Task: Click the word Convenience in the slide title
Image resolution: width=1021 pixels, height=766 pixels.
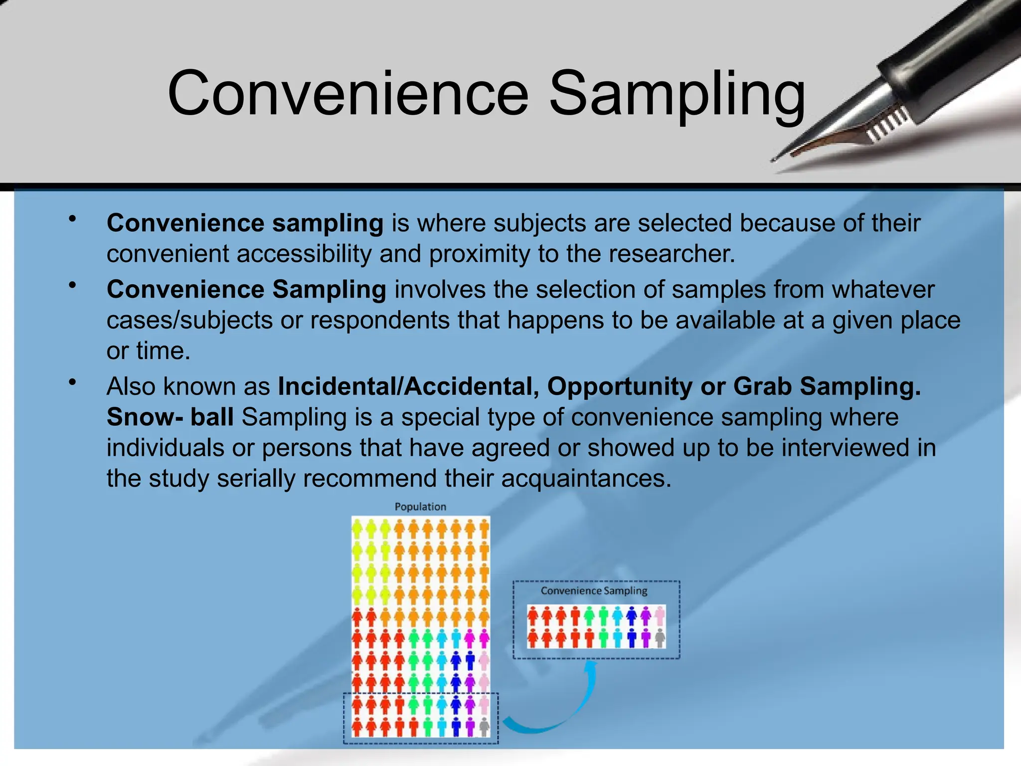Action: [347, 93]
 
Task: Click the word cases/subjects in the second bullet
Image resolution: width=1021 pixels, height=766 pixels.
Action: [189, 321]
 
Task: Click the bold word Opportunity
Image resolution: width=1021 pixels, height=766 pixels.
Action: [620, 386]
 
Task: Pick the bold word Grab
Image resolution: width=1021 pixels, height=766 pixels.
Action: [762, 386]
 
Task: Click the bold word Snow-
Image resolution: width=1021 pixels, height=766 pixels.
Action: [145, 417]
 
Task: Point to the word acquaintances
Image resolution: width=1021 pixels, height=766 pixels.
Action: [586, 479]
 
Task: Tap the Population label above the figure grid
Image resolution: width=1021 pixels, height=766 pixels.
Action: [420, 507]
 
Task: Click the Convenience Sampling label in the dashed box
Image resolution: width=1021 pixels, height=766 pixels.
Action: [594, 591]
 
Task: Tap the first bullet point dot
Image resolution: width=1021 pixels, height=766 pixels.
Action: [73, 219]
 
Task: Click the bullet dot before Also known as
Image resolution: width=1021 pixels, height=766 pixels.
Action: [73, 383]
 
